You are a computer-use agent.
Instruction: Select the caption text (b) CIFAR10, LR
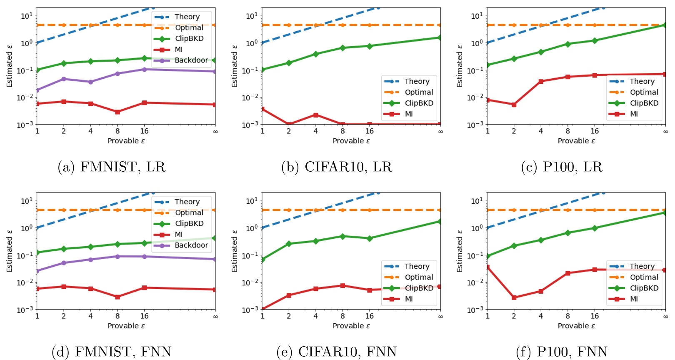click(337, 167)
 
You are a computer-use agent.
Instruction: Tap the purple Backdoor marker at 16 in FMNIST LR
click(144, 70)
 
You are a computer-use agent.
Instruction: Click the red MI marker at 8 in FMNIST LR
click(117, 112)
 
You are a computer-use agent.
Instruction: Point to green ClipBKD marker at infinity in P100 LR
click(665, 25)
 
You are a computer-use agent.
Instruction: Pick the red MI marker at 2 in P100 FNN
click(514, 297)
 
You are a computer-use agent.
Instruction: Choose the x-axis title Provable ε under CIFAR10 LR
click(351, 141)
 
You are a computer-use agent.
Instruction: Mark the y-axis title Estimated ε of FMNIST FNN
click(9, 251)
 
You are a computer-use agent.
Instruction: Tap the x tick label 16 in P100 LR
click(595, 131)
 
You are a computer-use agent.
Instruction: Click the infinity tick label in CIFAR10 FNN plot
click(440, 317)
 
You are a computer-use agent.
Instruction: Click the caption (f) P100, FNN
click(562, 352)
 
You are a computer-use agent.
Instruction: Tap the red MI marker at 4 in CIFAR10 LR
click(315, 115)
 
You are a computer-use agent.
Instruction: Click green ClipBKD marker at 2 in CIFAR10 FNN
click(289, 244)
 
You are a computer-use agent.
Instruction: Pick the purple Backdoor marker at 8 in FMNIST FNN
click(117, 257)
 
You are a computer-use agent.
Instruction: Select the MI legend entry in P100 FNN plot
click(633, 299)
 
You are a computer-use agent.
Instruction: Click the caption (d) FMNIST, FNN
click(112, 352)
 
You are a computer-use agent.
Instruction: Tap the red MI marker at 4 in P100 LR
click(541, 82)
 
